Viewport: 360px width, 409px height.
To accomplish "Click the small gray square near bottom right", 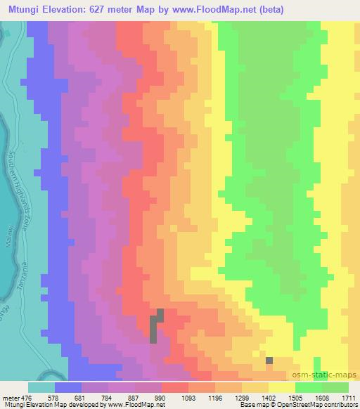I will click(269, 361).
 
